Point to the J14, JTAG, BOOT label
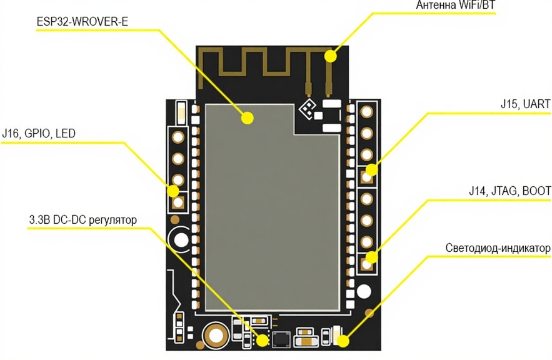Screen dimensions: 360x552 [x=509, y=191]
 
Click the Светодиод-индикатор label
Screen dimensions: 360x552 [x=498, y=248]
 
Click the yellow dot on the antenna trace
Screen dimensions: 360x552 [x=329, y=56]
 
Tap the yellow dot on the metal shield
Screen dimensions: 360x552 [x=248, y=117]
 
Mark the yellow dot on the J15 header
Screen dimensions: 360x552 [x=371, y=169]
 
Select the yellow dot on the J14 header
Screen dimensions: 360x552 [x=371, y=257]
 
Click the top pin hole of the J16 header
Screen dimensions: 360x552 [x=179, y=137]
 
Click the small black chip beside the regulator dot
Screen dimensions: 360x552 [x=281, y=339]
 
